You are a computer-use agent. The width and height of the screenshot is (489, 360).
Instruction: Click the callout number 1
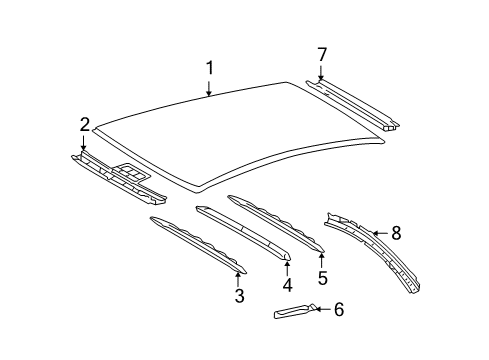pos(210,68)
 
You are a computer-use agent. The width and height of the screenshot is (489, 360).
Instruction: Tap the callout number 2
pos(85,124)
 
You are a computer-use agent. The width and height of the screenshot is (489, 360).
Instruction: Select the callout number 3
pos(239,295)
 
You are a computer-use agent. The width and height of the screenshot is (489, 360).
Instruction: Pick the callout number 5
pos(323,278)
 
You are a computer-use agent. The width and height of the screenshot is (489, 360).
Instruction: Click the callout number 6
pos(338,310)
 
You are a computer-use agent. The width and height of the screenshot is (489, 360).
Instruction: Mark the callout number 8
pos(396,262)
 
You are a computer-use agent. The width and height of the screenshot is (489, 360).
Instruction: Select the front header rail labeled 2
pos(115,170)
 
